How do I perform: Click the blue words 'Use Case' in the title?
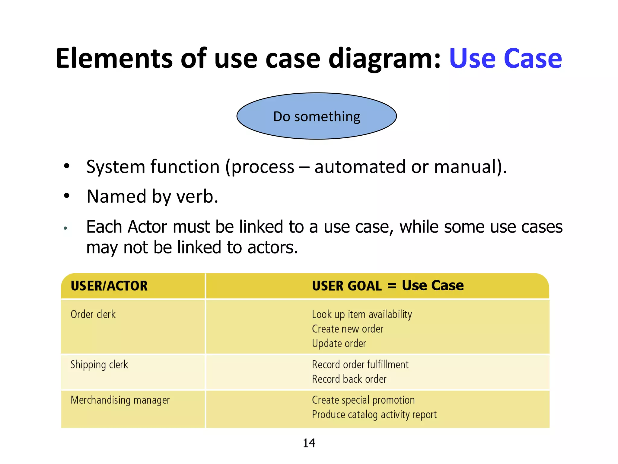(x=505, y=58)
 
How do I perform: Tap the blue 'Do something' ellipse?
(x=317, y=116)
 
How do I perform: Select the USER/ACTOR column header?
(x=109, y=286)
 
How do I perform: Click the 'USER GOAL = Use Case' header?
(x=388, y=286)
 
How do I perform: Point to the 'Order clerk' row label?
(x=93, y=314)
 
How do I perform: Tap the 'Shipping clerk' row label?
(x=99, y=365)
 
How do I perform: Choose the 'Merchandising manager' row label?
(x=120, y=400)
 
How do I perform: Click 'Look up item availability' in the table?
(x=362, y=314)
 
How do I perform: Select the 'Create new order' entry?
(x=347, y=329)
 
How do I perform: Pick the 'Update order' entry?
(x=339, y=343)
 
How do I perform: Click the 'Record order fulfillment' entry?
(x=360, y=365)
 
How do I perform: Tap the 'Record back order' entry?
(x=349, y=379)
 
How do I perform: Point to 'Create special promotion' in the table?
(x=363, y=400)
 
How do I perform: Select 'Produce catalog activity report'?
(x=374, y=414)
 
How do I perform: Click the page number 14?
(x=309, y=443)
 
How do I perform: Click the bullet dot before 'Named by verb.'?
(x=67, y=196)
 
